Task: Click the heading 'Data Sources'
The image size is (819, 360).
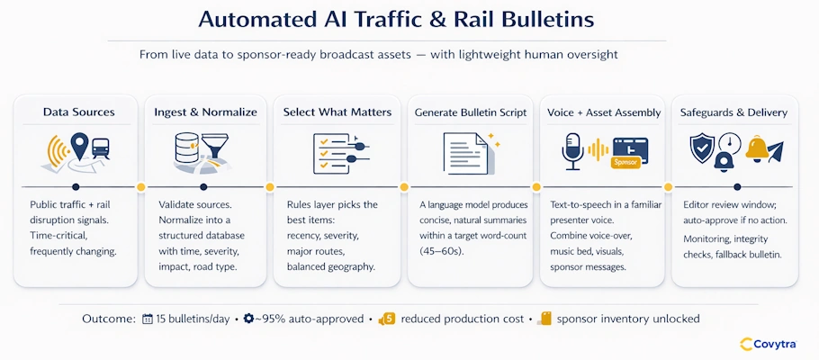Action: (79, 112)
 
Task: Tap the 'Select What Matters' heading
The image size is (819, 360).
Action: (337, 112)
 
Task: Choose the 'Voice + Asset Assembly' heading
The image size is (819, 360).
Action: (604, 112)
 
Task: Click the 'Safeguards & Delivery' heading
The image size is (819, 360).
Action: (735, 112)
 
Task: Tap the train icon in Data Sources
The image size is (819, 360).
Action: (101, 149)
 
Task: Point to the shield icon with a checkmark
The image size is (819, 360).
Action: (701, 147)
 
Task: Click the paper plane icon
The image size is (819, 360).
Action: (774, 149)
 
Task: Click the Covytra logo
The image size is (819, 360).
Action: (771, 343)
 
